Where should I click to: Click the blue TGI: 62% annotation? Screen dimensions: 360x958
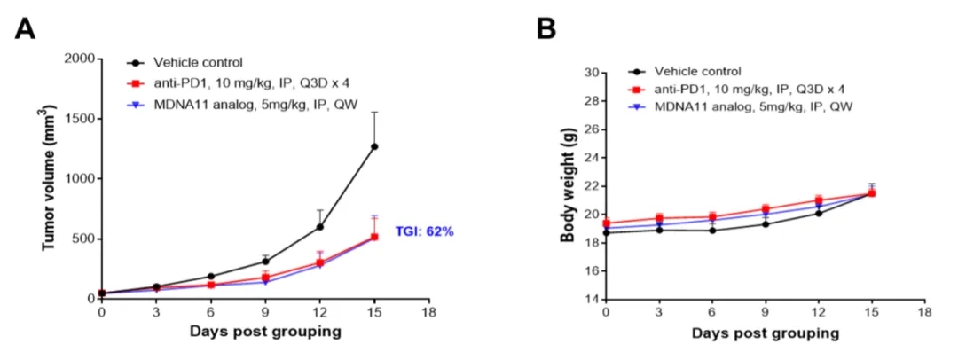click(425, 231)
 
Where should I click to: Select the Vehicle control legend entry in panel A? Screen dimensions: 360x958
click(198, 62)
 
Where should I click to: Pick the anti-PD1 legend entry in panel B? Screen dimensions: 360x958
click(749, 90)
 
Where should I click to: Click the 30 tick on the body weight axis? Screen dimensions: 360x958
click(588, 73)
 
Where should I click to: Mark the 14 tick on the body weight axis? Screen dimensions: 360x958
click(588, 299)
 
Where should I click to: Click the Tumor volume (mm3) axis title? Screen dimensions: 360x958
click(51, 178)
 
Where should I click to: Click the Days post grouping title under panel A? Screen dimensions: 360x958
click(265, 333)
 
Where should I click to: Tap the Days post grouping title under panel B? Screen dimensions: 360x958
click(765, 333)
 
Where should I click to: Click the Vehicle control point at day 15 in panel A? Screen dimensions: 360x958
click(374, 146)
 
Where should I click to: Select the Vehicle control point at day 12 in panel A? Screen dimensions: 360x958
click(320, 226)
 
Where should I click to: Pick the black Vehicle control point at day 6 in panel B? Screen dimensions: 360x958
click(712, 231)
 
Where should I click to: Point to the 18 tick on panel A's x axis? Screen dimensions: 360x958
click(429, 312)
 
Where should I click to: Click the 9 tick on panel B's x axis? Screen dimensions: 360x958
click(766, 313)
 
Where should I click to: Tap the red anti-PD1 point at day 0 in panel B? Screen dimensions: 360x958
click(606, 223)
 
